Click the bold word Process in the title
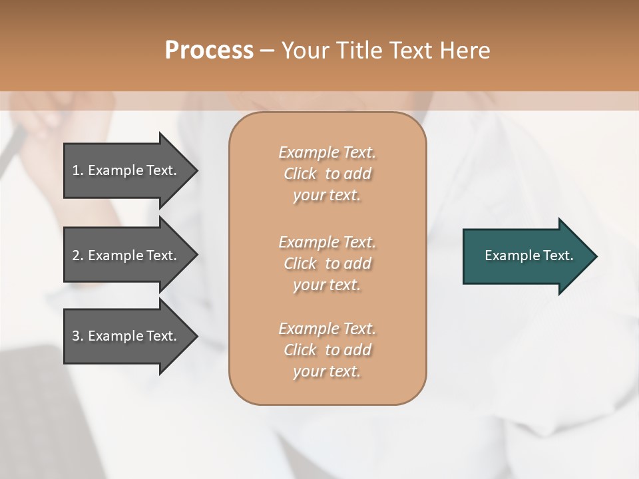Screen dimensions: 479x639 coord(209,51)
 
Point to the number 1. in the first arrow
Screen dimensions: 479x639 coord(78,170)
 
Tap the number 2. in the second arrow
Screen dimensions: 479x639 coord(78,255)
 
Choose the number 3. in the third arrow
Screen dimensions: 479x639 coord(78,336)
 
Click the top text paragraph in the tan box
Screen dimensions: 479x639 coord(327,174)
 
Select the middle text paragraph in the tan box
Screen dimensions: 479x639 coord(327,263)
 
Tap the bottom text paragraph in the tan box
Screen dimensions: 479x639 coord(327,350)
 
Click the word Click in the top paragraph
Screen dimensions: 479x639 coord(300,174)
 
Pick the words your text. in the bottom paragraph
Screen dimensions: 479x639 coord(327,371)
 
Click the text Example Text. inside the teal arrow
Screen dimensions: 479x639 coord(529,255)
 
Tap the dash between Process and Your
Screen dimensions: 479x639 coord(268,51)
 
